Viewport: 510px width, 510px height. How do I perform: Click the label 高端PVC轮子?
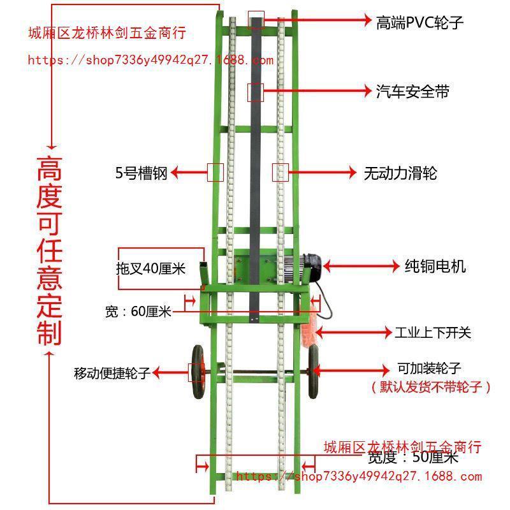[419, 22]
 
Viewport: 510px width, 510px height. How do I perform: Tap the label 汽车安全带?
[412, 92]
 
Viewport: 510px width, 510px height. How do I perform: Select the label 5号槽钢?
[141, 173]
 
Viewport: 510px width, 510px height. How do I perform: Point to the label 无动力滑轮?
[400, 173]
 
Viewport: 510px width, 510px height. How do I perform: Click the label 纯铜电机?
[435, 265]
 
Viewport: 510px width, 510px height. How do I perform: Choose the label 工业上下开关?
[433, 332]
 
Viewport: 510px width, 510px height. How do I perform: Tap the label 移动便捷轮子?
[112, 374]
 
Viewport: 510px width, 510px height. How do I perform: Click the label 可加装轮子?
[429, 368]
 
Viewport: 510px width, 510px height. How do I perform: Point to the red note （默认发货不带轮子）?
[431, 387]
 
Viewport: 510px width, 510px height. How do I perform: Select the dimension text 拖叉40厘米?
[150, 268]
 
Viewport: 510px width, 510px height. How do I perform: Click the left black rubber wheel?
[197, 372]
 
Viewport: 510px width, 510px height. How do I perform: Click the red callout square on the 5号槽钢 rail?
[215, 172]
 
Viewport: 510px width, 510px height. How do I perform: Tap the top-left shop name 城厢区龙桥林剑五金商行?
[107, 34]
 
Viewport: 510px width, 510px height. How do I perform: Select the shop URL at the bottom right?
[359, 476]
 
